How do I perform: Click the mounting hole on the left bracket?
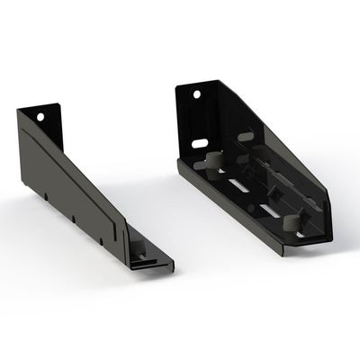click(x=40, y=117)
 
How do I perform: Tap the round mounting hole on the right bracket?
click(x=193, y=94)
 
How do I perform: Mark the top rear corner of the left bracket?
click(x=19, y=110)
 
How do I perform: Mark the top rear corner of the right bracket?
click(x=177, y=86)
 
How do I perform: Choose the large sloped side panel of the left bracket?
click(x=76, y=180)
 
